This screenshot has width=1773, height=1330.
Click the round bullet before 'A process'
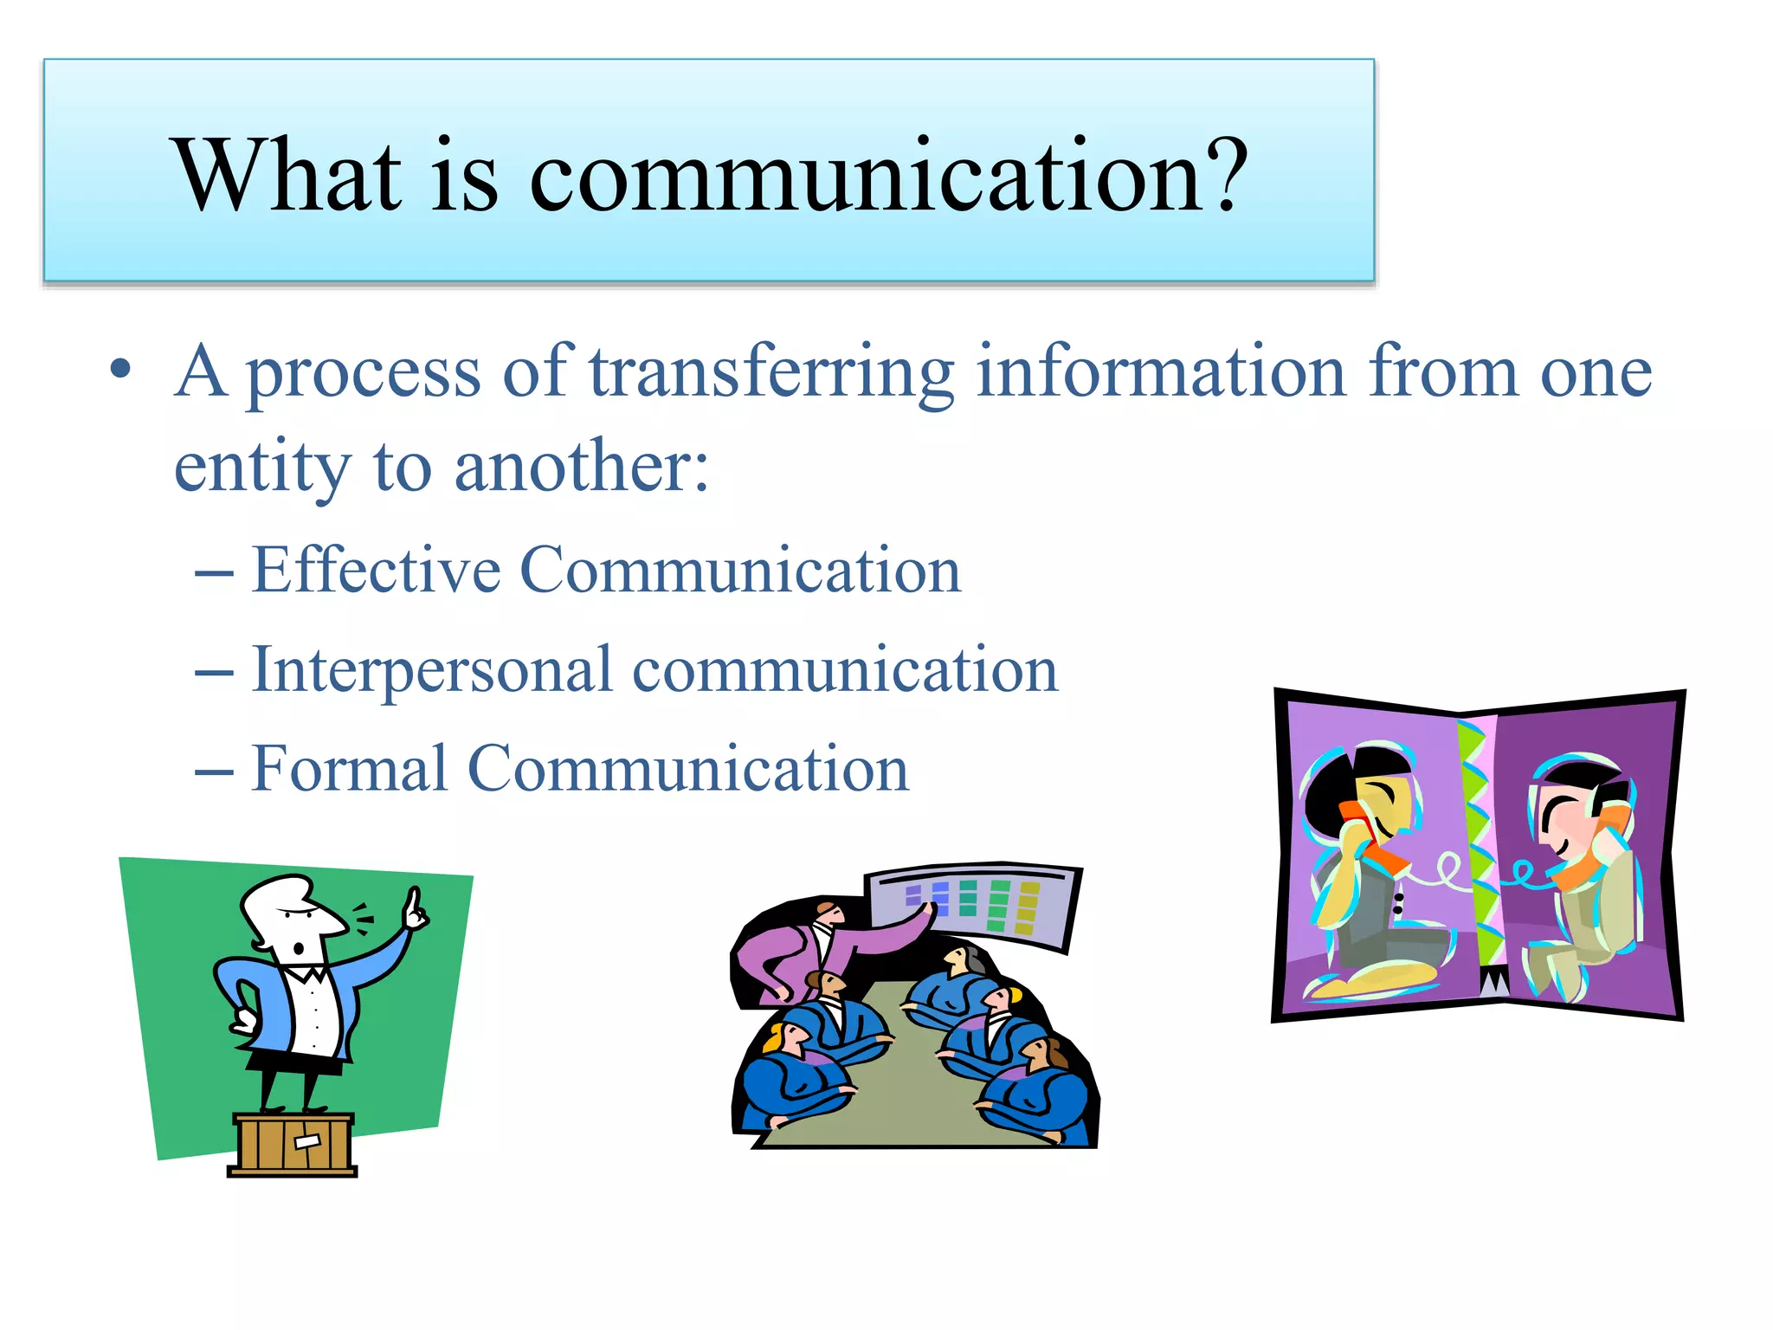[120, 371]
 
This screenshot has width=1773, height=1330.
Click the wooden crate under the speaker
[293, 1144]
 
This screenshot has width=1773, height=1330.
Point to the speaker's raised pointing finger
[416, 906]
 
